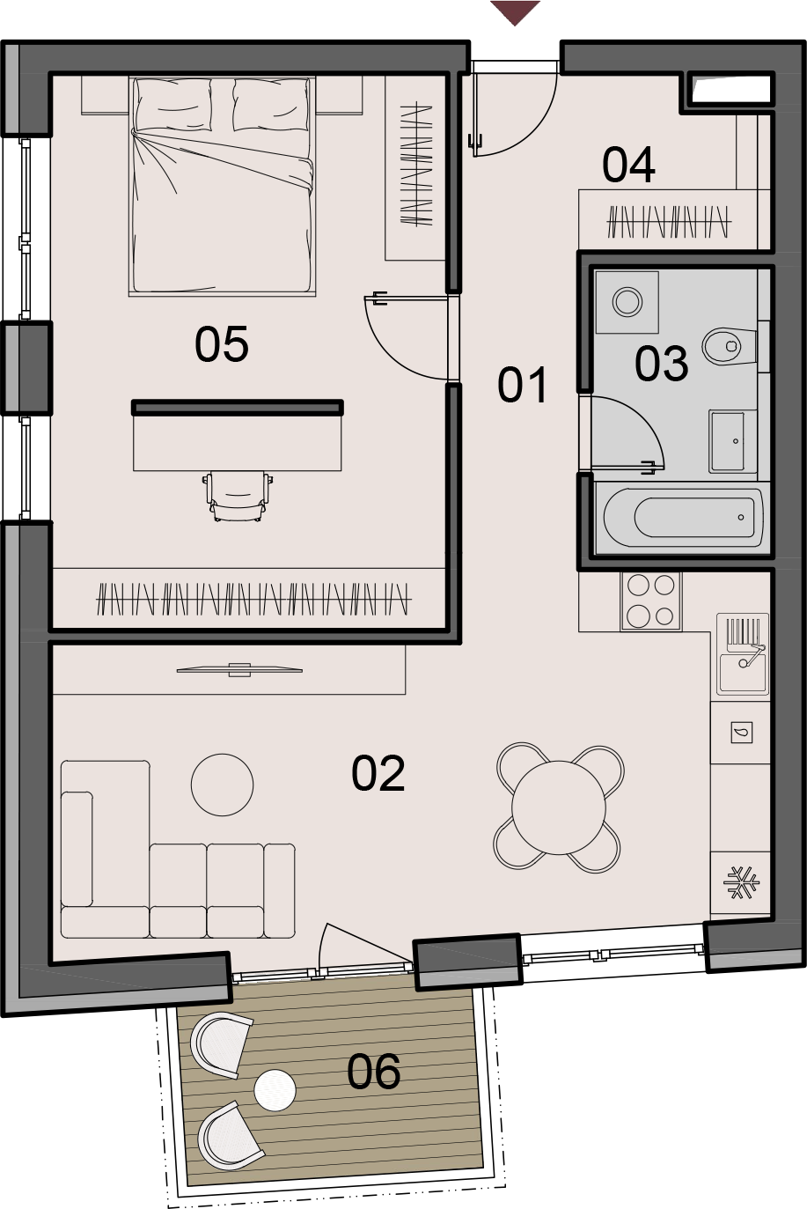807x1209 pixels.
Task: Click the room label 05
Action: click(221, 343)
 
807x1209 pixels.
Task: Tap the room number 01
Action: click(522, 385)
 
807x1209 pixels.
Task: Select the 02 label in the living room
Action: click(378, 773)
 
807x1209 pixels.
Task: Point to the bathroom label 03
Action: click(661, 364)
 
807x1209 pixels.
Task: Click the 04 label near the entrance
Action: click(628, 165)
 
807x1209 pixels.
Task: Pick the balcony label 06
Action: click(373, 1071)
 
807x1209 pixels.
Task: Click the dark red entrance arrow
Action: click(515, 12)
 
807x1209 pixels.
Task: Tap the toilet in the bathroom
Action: click(730, 346)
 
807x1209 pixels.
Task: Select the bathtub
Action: click(682, 517)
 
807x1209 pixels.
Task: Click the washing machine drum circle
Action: click(627, 302)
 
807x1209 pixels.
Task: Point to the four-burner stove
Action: click(651, 601)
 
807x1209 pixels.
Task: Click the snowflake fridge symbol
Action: click(741, 883)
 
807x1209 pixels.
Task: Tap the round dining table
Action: click(558, 807)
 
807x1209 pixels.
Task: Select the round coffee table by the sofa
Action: click(223, 785)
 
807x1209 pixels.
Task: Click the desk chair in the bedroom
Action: click(238, 496)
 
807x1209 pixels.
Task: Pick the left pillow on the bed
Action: click(173, 105)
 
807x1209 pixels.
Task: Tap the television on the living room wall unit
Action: click(239, 670)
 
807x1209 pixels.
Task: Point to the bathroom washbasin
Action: click(728, 441)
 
